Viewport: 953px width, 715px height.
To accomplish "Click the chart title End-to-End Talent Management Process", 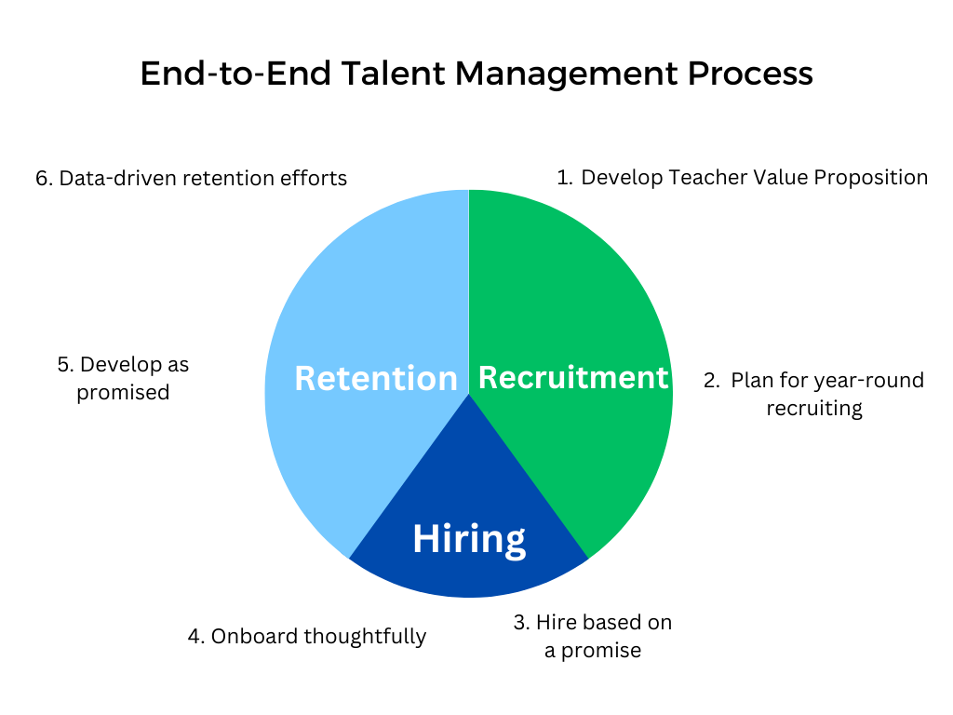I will [x=476, y=74].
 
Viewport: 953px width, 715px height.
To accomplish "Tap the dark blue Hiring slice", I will [x=469, y=568].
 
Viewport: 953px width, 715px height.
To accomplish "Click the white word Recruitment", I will [x=573, y=377].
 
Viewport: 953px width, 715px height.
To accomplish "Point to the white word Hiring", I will [x=469, y=539].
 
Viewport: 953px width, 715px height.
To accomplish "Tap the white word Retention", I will [x=376, y=379].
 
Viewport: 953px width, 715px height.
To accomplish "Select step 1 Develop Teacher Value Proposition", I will [x=742, y=177].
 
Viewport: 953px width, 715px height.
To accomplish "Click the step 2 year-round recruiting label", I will [x=813, y=394].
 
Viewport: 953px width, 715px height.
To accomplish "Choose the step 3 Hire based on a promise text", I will [x=593, y=636].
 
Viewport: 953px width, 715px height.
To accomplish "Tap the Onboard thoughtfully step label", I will [x=307, y=637].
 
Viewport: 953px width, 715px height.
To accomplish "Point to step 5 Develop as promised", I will [x=123, y=378].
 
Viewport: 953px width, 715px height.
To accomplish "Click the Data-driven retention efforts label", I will [x=191, y=178].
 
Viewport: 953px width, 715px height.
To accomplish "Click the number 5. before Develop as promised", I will [x=65, y=364].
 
